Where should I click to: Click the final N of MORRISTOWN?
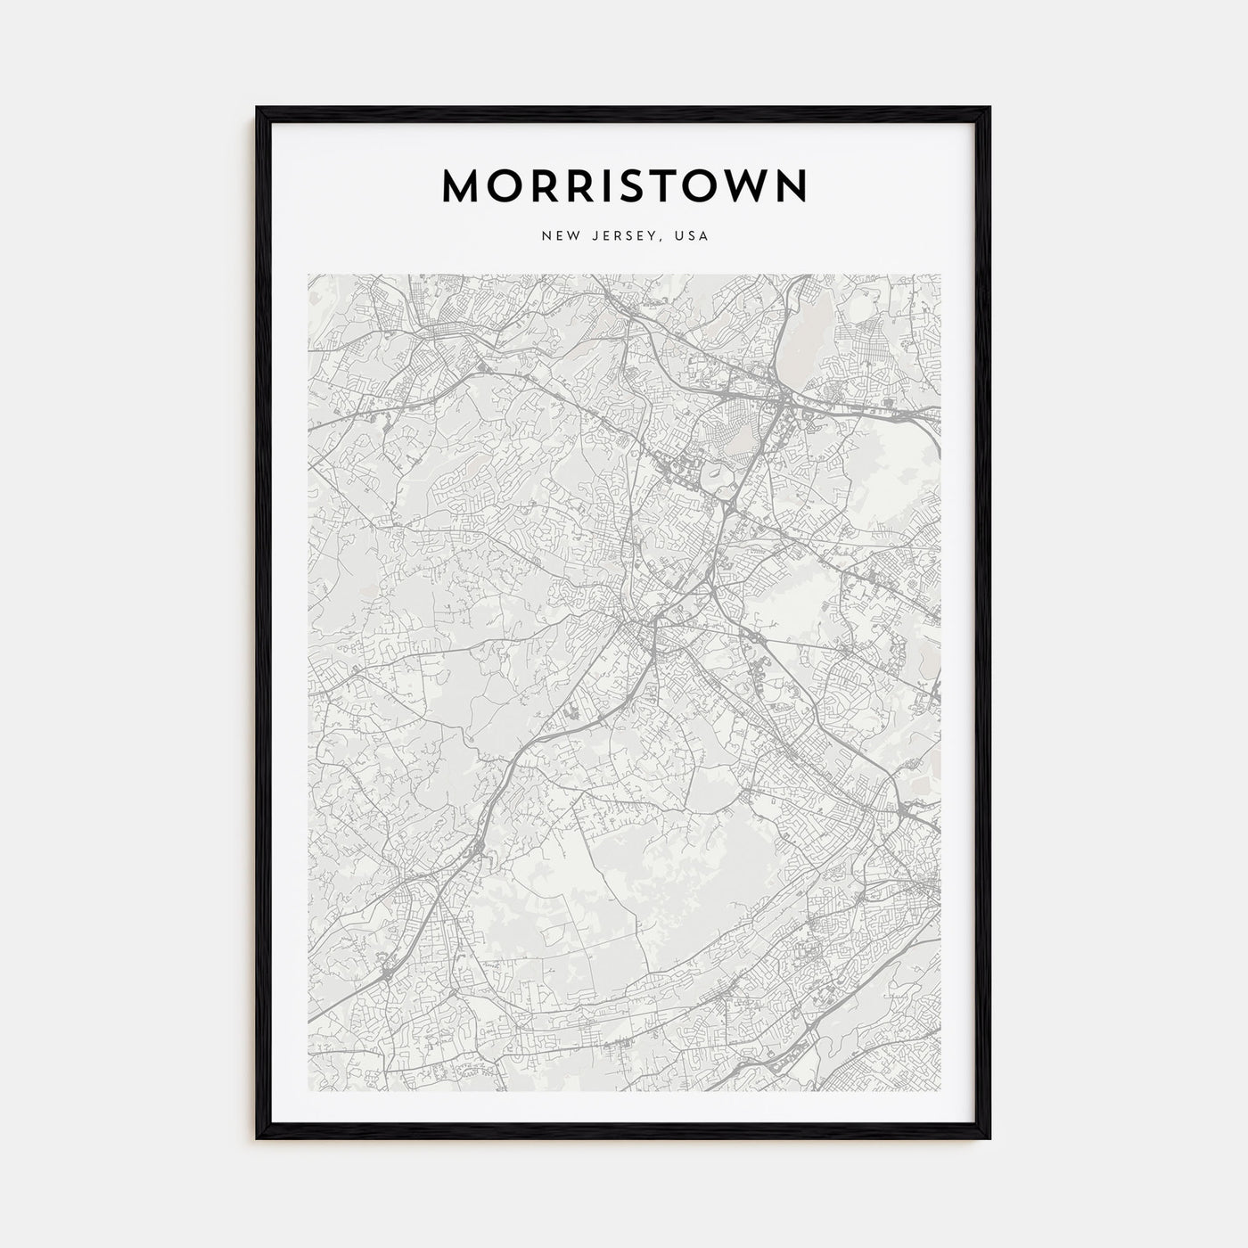point(790,185)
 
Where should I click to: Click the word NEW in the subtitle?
point(556,236)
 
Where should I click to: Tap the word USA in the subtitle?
point(691,236)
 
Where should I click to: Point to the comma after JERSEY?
point(661,241)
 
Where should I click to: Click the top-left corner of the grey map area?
point(308,275)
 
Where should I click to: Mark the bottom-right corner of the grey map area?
point(940,1091)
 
